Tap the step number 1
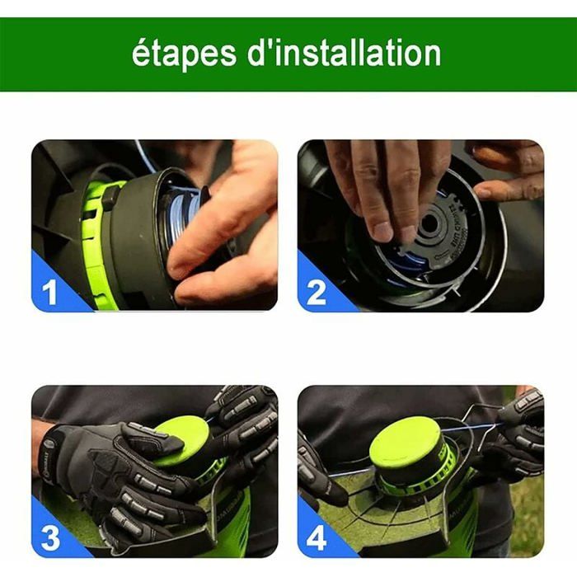coord(51,293)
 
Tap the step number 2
coord(317,293)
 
